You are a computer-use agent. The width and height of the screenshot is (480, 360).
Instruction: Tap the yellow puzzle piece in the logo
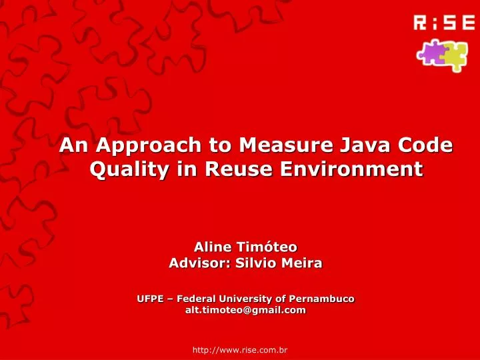tap(453, 56)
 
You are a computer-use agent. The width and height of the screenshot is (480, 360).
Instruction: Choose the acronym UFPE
tap(149, 298)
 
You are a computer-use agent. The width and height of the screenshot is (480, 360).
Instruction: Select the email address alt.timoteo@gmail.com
tap(245, 310)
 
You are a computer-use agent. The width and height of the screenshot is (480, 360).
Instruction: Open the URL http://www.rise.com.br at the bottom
tap(240, 349)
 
